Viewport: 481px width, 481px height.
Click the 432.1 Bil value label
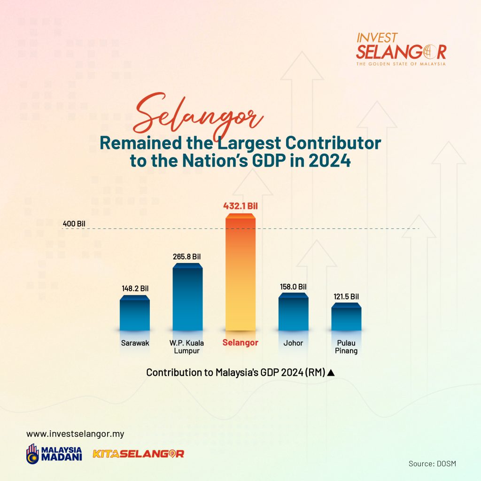coord(240,206)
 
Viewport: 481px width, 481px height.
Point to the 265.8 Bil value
coord(186,256)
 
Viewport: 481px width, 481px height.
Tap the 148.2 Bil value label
coord(134,288)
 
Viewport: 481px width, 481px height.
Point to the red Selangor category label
coord(240,342)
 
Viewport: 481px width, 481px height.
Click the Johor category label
coord(293,343)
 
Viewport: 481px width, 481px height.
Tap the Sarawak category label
coord(134,343)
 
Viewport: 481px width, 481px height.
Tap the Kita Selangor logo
coord(138,454)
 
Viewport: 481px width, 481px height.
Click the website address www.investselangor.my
coord(75,434)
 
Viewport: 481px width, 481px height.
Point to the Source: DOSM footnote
coord(432,464)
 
